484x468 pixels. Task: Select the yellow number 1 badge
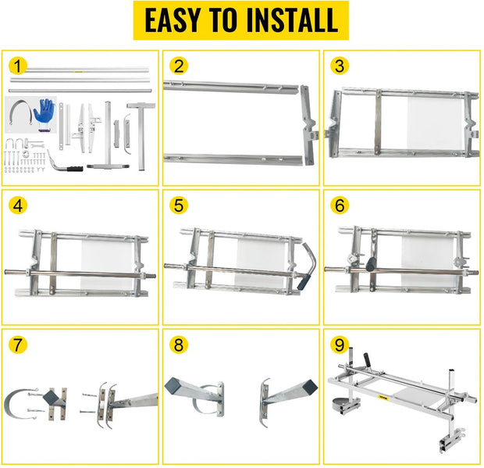click(19, 65)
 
